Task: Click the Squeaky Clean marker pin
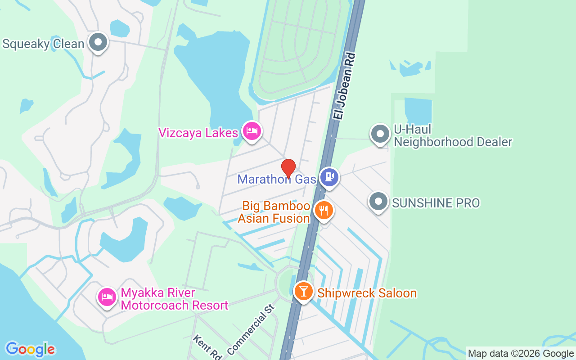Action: (98, 43)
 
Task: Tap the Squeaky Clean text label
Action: (43, 44)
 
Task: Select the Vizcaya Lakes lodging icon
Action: (252, 131)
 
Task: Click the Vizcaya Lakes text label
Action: (198, 133)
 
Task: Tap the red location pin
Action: (288, 168)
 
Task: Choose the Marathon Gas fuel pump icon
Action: (329, 177)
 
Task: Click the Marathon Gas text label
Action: (277, 180)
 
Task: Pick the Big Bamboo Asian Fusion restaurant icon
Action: (323, 210)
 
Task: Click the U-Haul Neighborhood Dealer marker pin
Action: (380, 134)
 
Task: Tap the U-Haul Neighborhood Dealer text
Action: (453, 136)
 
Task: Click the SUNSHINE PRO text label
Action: (436, 203)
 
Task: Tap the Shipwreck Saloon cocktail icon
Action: (304, 291)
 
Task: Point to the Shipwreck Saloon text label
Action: (367, 293)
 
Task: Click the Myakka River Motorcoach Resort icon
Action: (107, 297)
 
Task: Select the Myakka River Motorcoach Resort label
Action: (175, 299)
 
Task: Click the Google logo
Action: (30, 349)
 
